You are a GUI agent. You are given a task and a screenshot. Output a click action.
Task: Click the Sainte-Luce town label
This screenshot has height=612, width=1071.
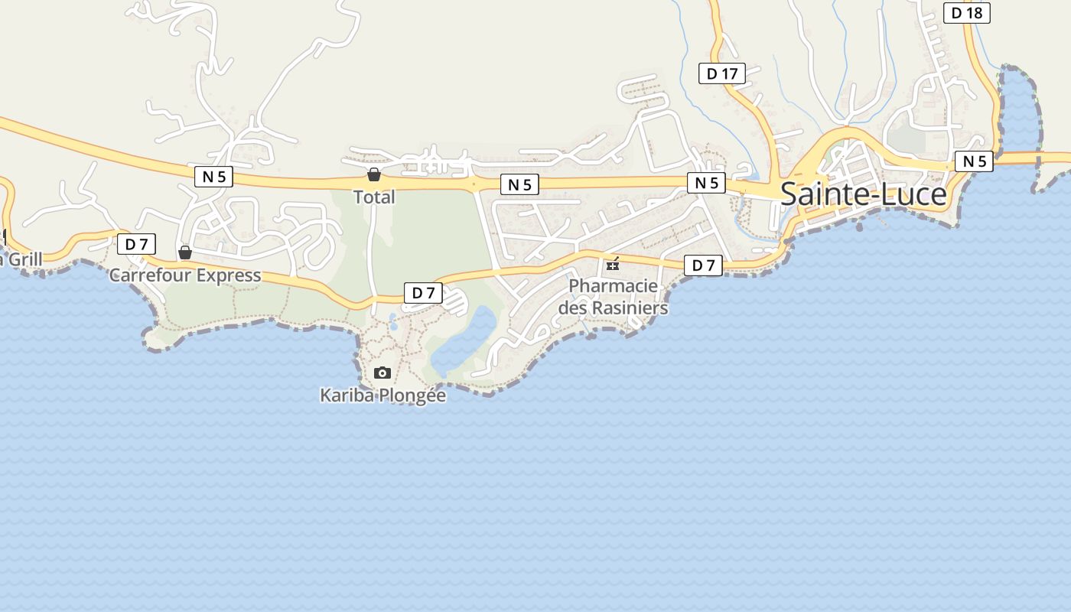coord(863,194)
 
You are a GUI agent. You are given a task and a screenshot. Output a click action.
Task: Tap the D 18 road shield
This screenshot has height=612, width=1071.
coord(966,13)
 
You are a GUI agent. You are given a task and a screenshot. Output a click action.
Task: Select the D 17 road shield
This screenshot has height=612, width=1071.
coord(722,73)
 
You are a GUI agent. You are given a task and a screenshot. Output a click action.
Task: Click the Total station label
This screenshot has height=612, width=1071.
coord(374,197)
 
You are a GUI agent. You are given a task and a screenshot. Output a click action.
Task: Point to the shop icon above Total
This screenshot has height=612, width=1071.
coord(374,174)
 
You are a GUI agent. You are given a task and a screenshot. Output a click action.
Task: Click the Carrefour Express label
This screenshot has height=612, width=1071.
coord(185,275)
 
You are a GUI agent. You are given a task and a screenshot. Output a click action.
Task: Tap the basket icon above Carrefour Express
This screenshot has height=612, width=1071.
coord(185,252)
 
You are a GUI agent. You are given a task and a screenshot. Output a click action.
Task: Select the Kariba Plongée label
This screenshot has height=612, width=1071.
coord(382,396)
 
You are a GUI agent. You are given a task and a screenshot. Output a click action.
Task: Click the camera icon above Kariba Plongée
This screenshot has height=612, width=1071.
coord(382,373)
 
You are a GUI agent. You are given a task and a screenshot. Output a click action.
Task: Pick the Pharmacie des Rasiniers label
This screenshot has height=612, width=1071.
coord(613,297)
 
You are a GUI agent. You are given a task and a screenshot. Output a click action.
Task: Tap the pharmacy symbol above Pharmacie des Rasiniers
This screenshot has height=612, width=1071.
coord(613,265)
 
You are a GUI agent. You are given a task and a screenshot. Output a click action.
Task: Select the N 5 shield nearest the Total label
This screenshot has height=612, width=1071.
coord(519,184)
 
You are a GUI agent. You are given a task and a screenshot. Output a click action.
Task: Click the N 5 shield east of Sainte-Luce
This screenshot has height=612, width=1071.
coord(974,161)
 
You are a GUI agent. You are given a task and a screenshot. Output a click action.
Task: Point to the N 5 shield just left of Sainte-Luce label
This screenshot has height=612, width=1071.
coord(706,183)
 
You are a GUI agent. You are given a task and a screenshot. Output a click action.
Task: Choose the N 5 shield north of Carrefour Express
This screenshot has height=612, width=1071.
coord(213,177)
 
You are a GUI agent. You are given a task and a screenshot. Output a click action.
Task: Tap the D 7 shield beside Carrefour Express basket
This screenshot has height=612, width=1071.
coord(136,244)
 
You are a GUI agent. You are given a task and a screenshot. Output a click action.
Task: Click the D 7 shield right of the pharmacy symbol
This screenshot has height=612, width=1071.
coord(703,265)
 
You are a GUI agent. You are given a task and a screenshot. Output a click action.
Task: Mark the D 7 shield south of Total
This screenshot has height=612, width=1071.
coord(423,292)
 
